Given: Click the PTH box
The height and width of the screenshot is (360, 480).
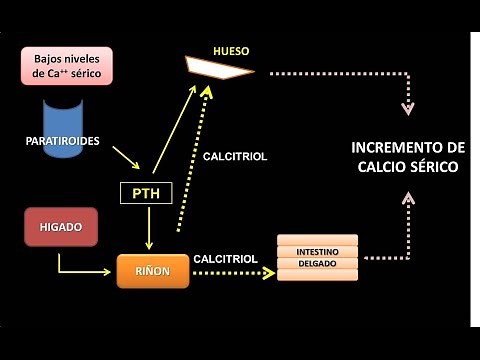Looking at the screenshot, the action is coord(146,192).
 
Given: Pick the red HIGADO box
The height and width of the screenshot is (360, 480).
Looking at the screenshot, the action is coord(59,227).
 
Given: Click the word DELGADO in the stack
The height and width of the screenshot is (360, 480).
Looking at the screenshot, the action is coord(318,264).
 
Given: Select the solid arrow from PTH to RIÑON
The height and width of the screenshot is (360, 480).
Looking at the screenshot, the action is coord(148,229).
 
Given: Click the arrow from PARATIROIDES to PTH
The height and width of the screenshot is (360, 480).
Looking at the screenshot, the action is coord(126,157).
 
